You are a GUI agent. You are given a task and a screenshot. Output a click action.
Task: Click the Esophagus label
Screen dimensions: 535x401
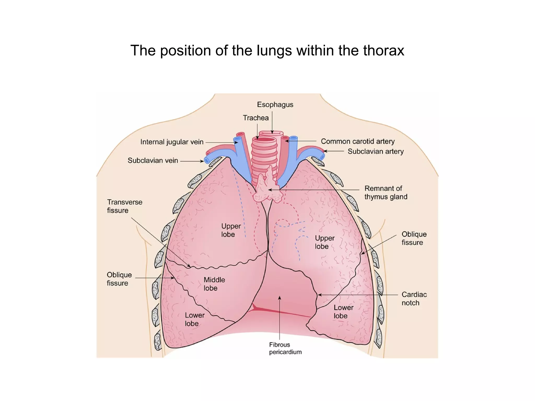point(275,105)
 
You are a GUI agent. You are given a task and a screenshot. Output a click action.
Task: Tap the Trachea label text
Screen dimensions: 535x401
point(256,118)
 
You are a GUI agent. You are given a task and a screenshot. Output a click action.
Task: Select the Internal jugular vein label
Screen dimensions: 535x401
point(172,142)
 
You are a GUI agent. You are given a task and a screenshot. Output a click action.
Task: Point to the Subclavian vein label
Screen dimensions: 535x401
point(153,160)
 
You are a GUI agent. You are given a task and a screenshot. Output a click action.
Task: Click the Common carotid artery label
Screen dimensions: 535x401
point(358,141)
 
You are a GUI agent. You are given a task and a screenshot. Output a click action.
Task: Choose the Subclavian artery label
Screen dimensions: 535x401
point(376,151)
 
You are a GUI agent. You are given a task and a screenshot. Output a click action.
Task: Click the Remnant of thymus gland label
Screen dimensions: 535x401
point(386,193)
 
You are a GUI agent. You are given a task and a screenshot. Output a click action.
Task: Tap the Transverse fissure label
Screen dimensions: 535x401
point(125,206)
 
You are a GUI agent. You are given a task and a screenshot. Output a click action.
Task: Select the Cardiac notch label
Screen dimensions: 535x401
point(414,299)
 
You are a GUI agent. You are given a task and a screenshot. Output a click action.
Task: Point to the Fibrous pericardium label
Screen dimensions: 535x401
point(285,348)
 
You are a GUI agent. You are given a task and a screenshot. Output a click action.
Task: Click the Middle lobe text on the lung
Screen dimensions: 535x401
point(214,284)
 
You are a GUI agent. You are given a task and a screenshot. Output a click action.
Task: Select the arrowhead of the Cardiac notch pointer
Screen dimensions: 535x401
point(319,295)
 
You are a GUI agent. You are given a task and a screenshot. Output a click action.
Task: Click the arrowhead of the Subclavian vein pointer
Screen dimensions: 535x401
point(202,161)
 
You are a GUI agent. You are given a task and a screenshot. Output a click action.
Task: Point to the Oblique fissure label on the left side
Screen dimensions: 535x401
point(119,279)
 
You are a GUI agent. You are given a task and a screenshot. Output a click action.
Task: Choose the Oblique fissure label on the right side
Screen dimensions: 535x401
point(414,238)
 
